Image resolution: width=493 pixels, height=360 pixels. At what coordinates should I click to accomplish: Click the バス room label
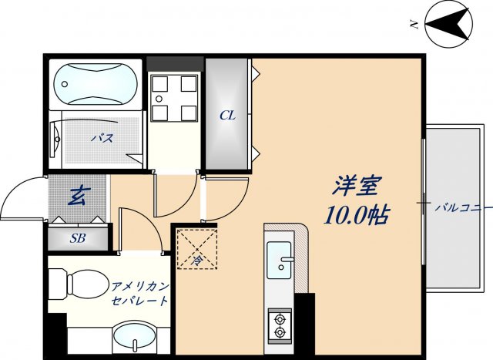click(x=102, y=139)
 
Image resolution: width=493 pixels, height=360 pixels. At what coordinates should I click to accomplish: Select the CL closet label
click(x=226, y=116)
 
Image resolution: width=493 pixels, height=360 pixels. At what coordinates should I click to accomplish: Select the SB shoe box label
click(x=78, y=238)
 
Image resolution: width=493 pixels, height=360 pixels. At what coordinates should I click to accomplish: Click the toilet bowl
click(x=80, y=283)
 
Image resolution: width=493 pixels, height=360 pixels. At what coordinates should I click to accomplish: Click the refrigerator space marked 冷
click(x=196, y=250)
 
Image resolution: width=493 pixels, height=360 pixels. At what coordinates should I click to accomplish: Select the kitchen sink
click(x=279, y=260)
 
